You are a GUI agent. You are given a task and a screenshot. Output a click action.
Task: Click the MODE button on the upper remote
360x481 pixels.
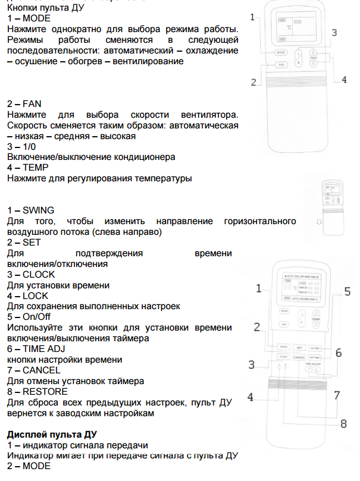coord(281,52)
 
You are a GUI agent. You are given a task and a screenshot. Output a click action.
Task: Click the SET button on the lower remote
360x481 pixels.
coord(299,347)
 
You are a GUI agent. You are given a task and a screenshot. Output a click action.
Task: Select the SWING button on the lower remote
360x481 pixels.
coord(283,347)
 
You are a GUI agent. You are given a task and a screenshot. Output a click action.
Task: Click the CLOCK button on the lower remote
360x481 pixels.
coord(283,356)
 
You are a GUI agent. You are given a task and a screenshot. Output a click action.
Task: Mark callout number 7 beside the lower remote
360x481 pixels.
coord(337,395)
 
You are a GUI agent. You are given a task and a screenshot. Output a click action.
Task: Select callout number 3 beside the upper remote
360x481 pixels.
coord(334,33)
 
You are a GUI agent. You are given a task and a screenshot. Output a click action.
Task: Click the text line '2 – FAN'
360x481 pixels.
coord(24,103)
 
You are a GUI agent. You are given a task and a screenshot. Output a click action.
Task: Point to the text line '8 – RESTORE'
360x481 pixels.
coord(37,391)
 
